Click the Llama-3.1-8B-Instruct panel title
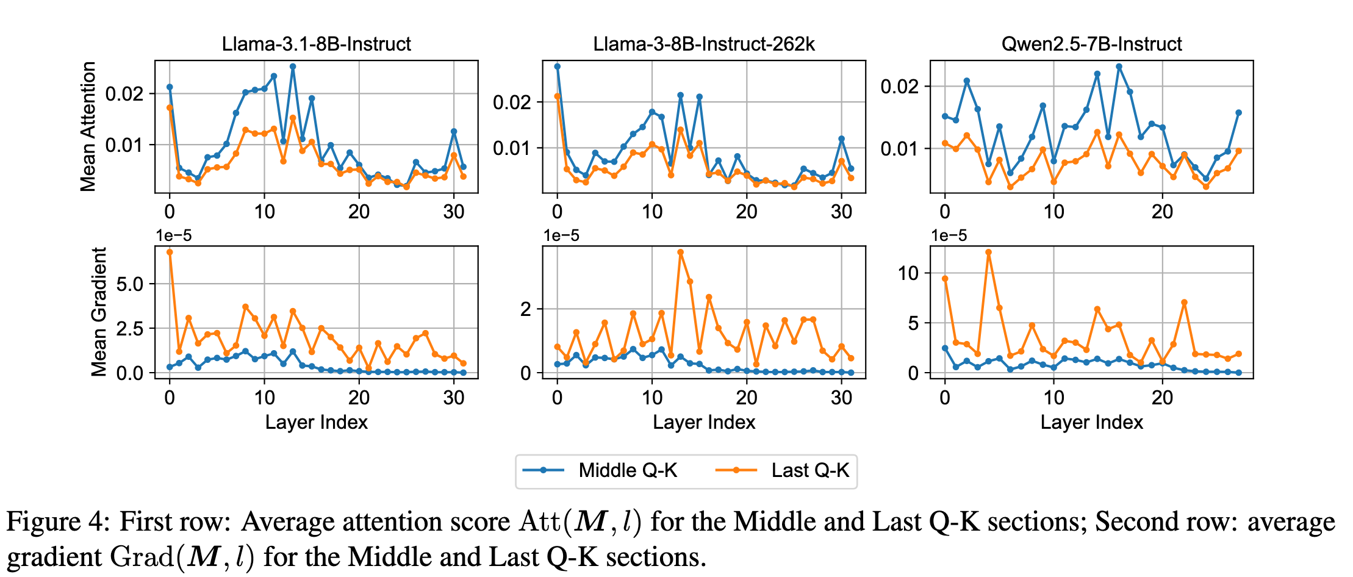click(x=316, y=44)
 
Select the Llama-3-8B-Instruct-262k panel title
click(x=704, y=44)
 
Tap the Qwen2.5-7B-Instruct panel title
click(x=1091, y=44)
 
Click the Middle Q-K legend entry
click(x=628, y=470)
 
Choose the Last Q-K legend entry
click(x=810, y=470)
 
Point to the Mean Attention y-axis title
click(x=88, y=126)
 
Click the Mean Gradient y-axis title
click(x=99, y=311)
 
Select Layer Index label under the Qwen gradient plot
click(x=1091, y=422)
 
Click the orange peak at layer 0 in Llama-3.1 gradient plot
click(x=170, y=252)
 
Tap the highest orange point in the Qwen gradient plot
click(x=988, y=252)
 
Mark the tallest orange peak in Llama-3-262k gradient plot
click(x=680, y=252)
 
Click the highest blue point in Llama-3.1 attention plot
click(x=293, y=66)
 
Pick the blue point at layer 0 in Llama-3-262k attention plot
click(x=557, y=66)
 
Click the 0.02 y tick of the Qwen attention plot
click(x=899, y=86)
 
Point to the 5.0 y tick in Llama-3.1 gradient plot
click(x=129, y=284)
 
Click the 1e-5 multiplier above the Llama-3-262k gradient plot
click(x=561, y=235)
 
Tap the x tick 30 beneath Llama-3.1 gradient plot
click(x=454, y=398)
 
